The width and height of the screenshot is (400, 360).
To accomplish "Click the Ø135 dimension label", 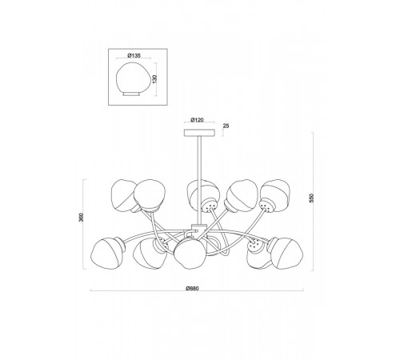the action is coord(134,55).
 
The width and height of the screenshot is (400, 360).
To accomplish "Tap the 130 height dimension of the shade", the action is coord(155,79).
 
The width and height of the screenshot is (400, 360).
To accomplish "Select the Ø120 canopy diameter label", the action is coord(198,120).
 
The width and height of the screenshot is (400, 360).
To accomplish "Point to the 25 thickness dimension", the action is coord(226,126).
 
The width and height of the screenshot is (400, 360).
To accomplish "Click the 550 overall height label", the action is coord(312,198).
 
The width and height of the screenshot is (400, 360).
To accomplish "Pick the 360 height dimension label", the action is coord(82,217).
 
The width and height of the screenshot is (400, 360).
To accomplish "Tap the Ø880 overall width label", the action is coord(193,288).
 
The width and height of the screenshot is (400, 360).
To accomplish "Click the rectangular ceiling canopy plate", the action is coord(199,133).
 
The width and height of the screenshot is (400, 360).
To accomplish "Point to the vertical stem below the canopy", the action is coord(199,180).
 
